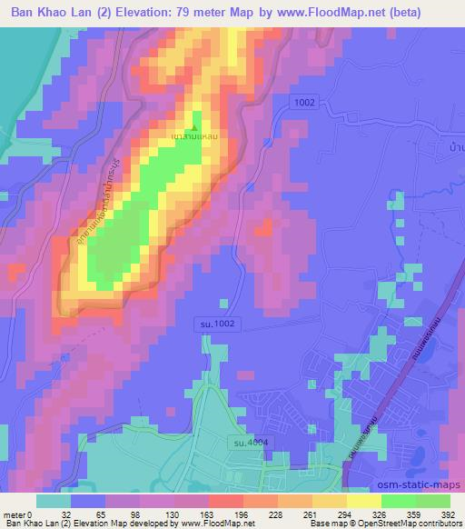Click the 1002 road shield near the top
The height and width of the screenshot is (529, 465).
pyautogui.click(x=303, y=103)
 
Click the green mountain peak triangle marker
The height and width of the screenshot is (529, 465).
pyautogui.click(x=193, y=126)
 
